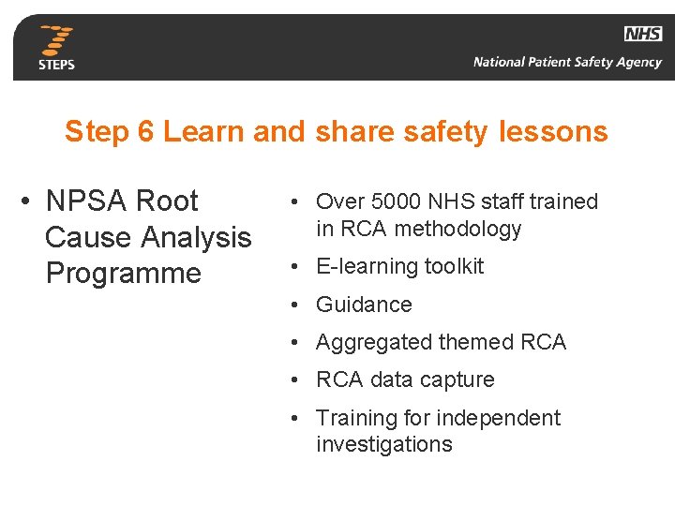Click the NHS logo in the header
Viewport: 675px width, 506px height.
pos(643,34)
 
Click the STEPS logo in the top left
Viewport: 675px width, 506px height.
pos(56,48)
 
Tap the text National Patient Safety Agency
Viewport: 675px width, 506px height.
pos(567,63)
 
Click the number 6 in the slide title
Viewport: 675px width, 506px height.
pos(145,132)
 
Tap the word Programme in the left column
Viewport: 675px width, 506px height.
pos(123,274)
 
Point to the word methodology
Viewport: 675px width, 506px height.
pos(458,229)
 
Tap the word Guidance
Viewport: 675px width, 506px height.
pos(364,305)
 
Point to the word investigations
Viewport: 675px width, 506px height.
pos(383,445)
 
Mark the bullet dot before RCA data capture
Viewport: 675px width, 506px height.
pos(294,380)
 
